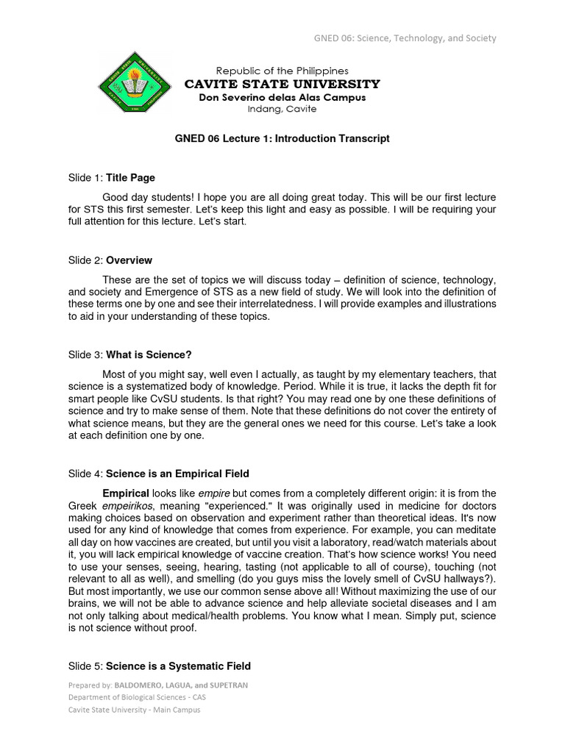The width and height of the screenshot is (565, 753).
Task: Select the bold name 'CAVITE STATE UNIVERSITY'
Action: point(282,84)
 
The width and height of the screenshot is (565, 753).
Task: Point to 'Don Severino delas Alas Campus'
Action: point(282,97)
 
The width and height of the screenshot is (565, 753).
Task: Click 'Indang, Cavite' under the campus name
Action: point(282,109)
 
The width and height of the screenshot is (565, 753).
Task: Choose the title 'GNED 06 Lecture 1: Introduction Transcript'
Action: point(282,138)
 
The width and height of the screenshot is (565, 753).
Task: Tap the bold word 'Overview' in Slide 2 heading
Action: point(129,260)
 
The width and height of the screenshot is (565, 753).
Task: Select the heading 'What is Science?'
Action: point(149,354)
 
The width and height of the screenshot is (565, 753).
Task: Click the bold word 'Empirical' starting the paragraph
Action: point(126,493)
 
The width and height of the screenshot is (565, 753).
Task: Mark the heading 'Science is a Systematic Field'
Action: point(178,666)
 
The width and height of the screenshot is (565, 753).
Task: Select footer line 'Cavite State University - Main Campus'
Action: point(134,710)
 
